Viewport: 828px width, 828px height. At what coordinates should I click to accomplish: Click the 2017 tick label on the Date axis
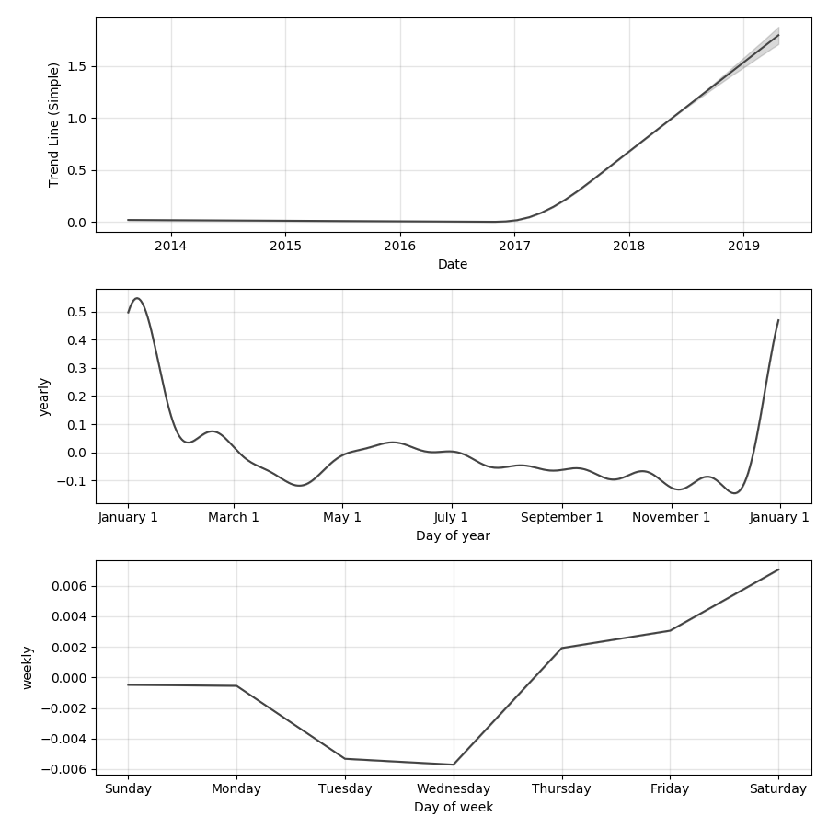point(514,246)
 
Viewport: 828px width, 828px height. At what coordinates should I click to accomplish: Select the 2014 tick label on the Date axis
point(170,246)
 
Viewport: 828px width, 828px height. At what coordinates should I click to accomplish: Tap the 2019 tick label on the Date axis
point(743,246)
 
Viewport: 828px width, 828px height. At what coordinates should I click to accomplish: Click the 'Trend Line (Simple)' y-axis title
point(54,124)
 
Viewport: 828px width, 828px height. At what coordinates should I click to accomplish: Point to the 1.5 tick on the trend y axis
point(75,66)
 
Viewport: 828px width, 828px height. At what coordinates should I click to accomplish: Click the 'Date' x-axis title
point(453,264)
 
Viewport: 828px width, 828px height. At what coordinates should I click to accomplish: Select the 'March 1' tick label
point(234,517)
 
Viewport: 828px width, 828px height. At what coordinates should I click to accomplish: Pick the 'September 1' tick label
point(561,517)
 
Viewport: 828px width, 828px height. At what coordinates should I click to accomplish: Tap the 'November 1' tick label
point(671,517)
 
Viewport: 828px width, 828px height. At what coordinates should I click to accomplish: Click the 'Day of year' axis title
point(453,535)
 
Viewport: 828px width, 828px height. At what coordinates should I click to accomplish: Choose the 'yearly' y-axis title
point(45,397)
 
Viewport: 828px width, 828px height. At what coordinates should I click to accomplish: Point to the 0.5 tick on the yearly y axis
point(75,312)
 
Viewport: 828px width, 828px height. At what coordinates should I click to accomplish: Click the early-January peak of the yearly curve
point(137,298)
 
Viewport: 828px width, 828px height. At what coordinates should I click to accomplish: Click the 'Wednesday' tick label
point(453,788)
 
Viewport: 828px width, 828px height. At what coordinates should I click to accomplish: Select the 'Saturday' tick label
point(778,788)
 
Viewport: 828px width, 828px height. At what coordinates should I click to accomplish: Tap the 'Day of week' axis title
point(453,807)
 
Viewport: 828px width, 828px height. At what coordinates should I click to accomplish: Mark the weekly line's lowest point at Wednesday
point(453,765)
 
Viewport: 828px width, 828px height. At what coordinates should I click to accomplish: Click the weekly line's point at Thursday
point(561,648)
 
